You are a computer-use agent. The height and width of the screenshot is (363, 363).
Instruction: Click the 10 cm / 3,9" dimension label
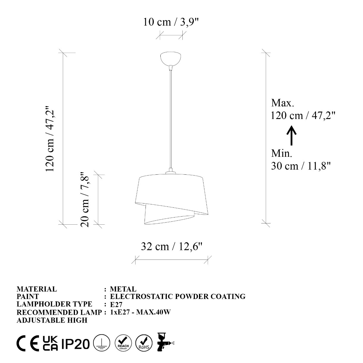click(x=171, y=22)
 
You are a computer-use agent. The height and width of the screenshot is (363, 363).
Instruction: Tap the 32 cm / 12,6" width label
click(x=172, y=246)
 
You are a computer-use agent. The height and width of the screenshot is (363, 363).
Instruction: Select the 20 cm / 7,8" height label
click(x=85, y=199)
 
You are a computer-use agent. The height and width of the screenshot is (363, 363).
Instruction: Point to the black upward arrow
click(x=291, y=135)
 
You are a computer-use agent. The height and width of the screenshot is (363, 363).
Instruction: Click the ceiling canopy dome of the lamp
click(x=170, y=59)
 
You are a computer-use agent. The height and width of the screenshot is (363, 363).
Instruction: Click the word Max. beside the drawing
click(x=283, y=103)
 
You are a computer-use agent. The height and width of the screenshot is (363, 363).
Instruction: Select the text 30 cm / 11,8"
click(x=301, y=166)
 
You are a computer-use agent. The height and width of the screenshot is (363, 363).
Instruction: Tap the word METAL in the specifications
click(x=123, y=289)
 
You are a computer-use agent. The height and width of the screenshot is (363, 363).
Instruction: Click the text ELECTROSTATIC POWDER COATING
click(x=178, y=297)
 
